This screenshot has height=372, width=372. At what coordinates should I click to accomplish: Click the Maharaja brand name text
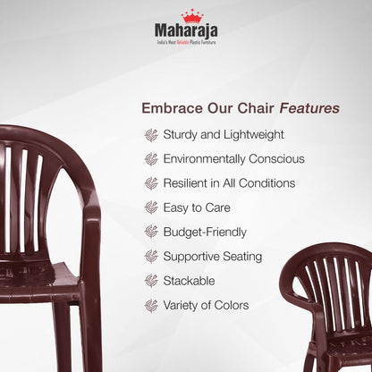click(186, 34)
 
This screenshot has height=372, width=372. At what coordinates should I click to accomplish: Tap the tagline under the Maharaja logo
click(186, 46)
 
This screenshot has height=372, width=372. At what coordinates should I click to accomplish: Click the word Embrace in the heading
click(167, 108)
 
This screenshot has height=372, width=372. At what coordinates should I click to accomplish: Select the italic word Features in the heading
click(309, 108)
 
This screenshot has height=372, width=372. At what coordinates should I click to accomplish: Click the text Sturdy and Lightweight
click(224, 135)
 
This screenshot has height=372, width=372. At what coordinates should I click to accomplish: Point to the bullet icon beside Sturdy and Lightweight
click(150, 135)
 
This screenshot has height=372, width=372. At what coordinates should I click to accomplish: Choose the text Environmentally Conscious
click(233, 159)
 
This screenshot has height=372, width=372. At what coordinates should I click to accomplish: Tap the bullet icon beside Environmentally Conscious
click(150, 159)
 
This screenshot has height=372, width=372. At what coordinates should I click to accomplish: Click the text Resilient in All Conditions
click(229, 183)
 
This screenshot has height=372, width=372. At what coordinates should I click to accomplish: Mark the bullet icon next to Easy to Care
click(150, 207)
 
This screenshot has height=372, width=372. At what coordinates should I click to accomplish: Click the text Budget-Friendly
click(205, 232)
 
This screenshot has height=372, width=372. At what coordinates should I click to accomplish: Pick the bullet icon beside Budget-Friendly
click(150, 232)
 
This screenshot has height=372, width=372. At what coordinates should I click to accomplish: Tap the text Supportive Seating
click(213, 257)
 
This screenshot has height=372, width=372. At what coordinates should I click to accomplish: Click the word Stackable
click(190, 281)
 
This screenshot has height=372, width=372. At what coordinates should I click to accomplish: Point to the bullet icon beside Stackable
click(150, 281)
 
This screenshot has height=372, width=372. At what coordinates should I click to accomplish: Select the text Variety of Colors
click(207, 306)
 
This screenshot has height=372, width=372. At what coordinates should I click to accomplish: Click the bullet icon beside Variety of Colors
click(150, 306)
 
